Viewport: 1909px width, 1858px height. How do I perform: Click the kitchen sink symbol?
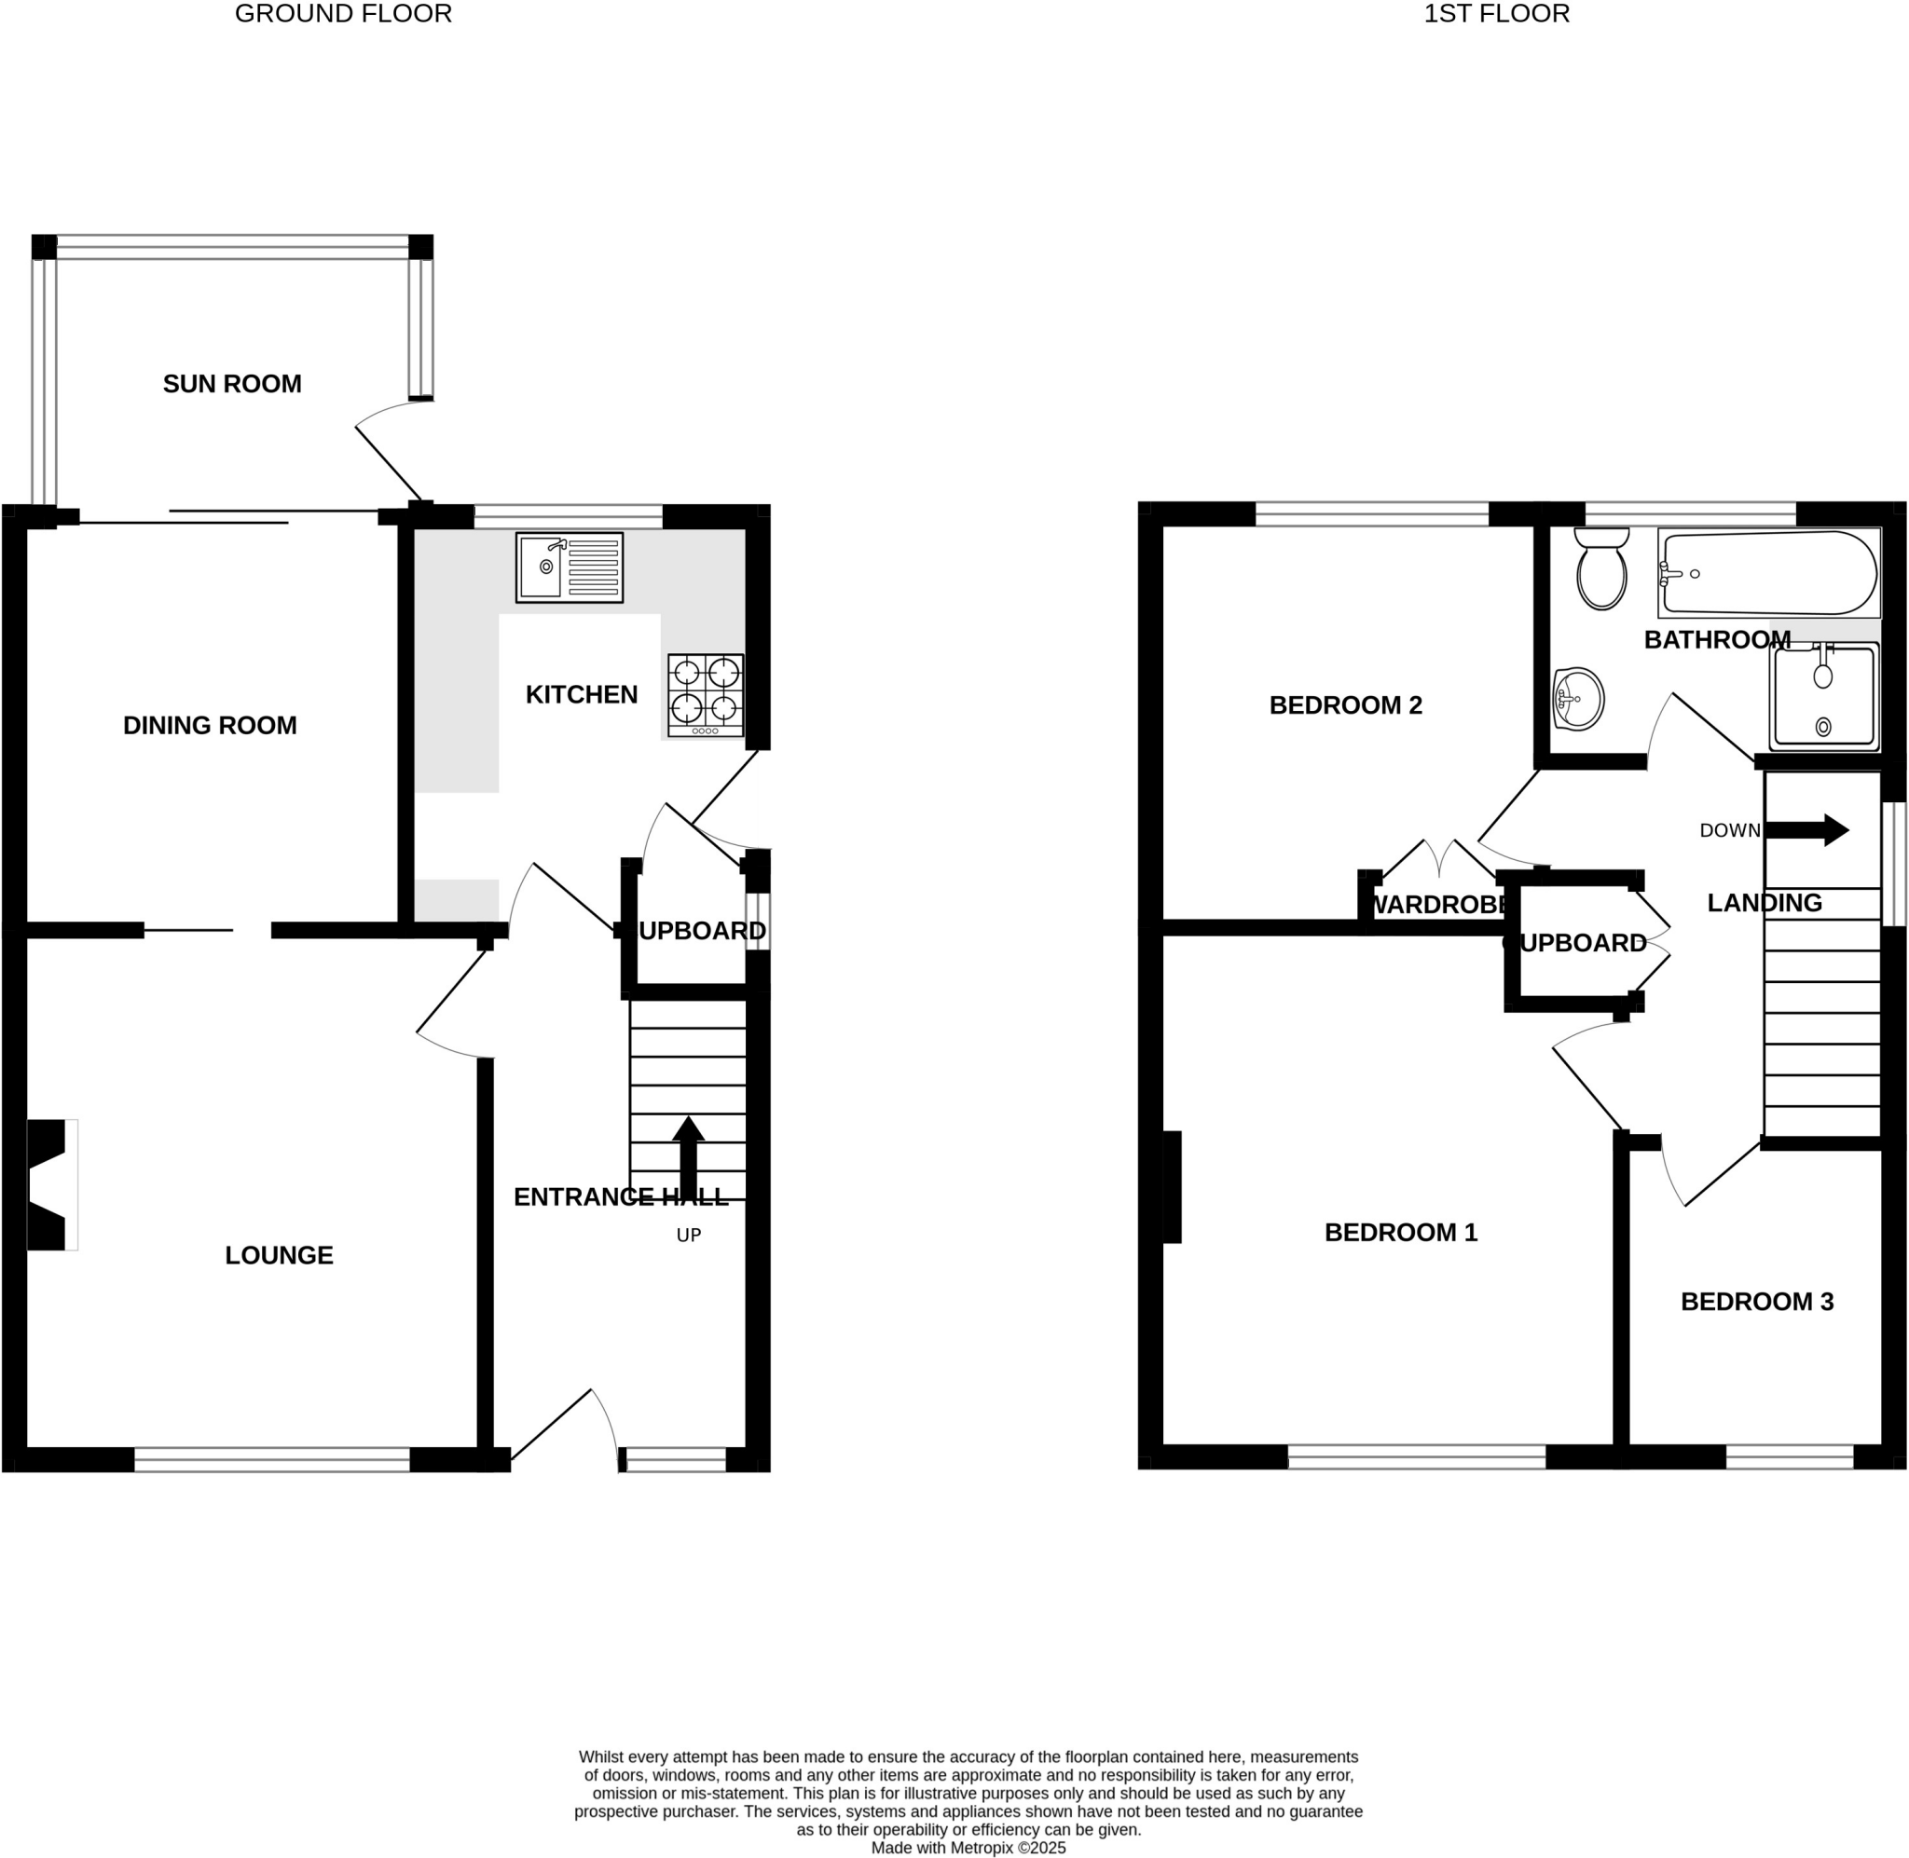(x=569, y=567)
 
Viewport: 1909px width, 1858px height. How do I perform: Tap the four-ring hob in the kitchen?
(x=706, y=694)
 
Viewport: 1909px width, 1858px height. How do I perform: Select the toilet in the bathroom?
(x=1601, y=570)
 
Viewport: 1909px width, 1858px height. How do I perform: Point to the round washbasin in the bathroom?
(x=1577, y=699)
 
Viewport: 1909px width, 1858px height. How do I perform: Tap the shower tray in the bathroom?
(x=1823, y=697)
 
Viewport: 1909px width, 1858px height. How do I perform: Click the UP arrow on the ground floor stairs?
(x=688, y=1155)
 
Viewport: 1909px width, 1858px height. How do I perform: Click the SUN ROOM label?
(x=232, y=384)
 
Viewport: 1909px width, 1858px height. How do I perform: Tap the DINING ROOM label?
(x=210, y=725)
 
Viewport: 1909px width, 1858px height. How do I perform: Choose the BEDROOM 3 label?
(x=1757, y=1301)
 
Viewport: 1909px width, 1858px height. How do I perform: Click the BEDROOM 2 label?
(x=1345, y=704)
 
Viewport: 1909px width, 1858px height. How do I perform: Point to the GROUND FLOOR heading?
(x=344, y=14)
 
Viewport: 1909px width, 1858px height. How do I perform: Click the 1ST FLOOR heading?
(x=1496, y=14)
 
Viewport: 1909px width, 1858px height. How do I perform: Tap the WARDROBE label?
(x=1438, y=905)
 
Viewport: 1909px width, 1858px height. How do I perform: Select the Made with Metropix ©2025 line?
(x=968, y=1847)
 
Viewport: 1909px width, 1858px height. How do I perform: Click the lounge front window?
(x=271, y=1459)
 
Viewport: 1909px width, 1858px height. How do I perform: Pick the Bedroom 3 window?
(x=1789, y=1457)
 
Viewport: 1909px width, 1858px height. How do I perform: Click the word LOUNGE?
(x=279, y=1255)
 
